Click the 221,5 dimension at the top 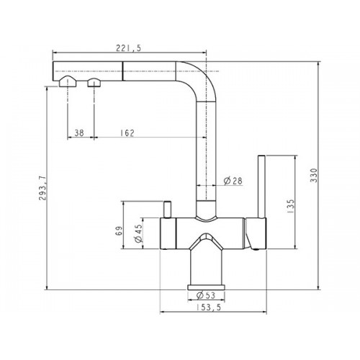129,48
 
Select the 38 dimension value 79,132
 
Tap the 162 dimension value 127,132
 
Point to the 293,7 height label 42,188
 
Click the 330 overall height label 314,175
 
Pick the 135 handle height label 290,206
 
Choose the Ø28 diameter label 233,181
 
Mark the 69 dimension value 119,231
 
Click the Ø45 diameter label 138,233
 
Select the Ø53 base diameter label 206,295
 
